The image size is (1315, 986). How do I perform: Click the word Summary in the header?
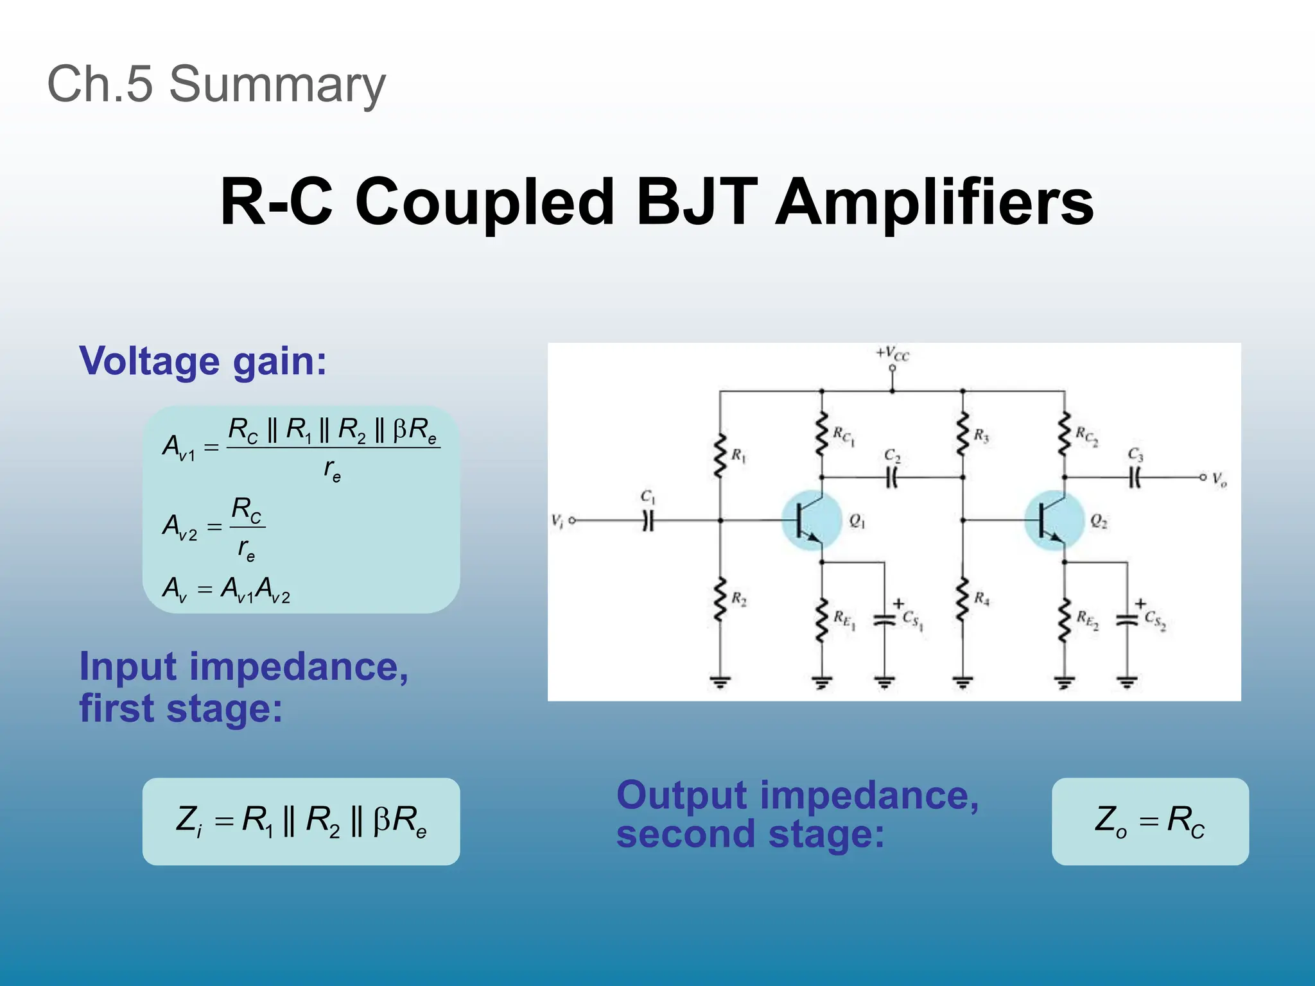(277, 85)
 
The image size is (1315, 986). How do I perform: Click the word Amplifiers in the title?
(934, 202)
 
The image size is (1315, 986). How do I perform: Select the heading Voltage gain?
(203, 361)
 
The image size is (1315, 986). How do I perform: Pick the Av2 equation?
(214, 527)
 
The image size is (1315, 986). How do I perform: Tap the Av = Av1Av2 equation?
(226, 589)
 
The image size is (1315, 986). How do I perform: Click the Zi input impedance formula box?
(301, 821)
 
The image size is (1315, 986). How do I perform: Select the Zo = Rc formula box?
(1149, 821)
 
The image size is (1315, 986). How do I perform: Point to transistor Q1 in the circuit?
(811, 520)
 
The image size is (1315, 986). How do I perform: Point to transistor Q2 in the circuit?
(1053, 520)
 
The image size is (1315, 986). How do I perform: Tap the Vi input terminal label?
(557, 521)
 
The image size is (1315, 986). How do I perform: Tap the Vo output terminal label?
(1219, 479)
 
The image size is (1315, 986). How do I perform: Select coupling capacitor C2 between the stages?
(892, 477)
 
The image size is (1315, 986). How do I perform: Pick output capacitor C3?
(1135, 477)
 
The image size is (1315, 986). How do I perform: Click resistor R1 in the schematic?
(720, 456)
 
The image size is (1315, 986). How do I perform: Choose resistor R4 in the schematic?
(962, 598)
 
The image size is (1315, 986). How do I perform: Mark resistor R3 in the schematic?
(962, 435)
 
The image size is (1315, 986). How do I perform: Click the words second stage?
(750, 835)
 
